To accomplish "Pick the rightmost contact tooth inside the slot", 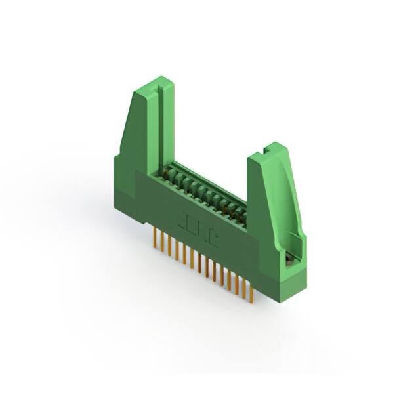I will click(241, 217).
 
